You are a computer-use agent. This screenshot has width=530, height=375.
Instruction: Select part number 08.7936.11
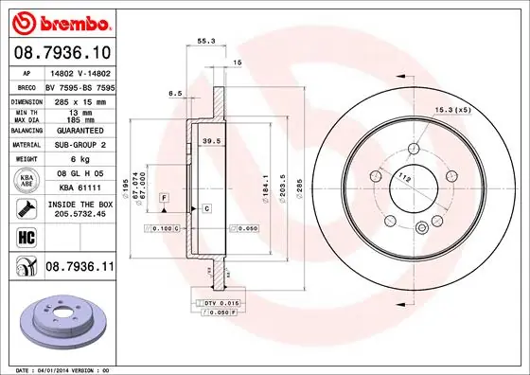coord(79,270)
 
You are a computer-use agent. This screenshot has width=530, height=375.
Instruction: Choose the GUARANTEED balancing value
coord(78,131)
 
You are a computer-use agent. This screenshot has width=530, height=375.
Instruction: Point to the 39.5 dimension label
coord(212,140)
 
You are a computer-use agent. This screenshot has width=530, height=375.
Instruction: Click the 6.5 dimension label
coord(174,94)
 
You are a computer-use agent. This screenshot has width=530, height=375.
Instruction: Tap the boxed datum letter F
coord(164,196)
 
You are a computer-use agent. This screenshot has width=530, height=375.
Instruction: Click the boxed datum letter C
coord(205,207)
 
